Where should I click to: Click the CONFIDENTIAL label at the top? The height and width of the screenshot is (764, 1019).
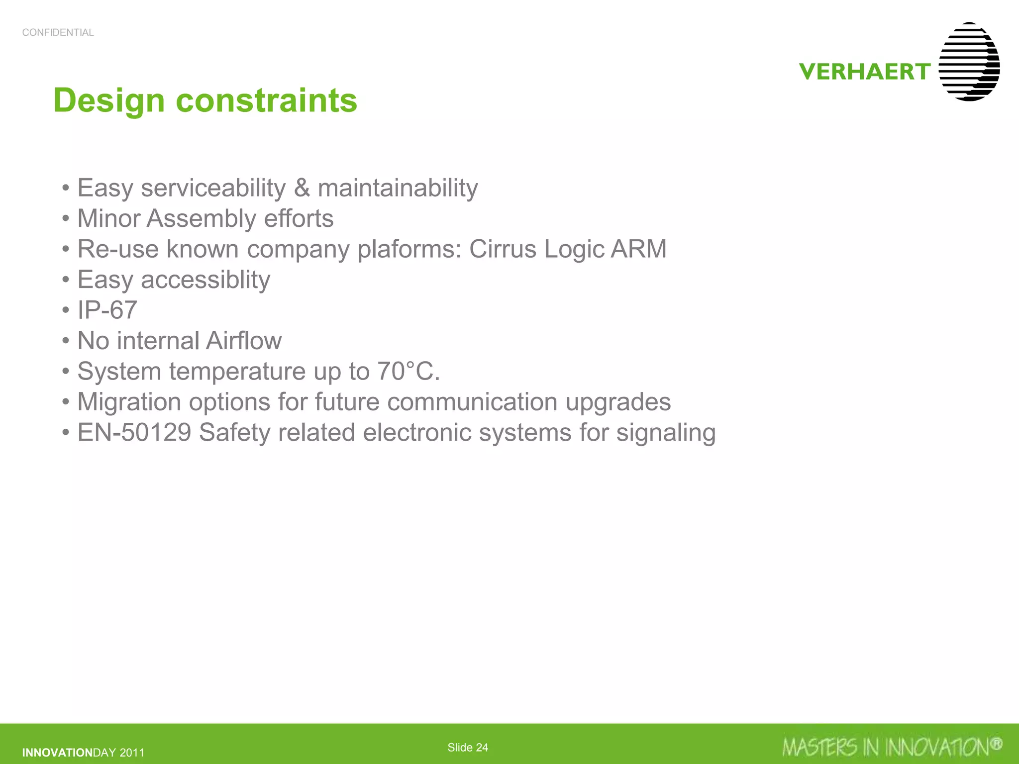pyautogui.click(x=58, y=33)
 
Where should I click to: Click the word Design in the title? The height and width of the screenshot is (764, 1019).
pyautogui.click(x=108, y=100)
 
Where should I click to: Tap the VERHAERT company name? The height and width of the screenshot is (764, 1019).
pyautogui.click(x=865, y=72)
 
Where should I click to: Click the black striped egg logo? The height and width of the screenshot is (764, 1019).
pyautogui.click(x=969, y=62)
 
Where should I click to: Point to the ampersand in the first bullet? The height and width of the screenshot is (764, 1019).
pyautogui.click(x=302, y=189)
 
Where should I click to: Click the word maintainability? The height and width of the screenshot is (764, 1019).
pyautogui.click(x=398, y=189)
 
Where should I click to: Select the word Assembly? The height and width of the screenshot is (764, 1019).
pyautogui.click(x=201, y=219)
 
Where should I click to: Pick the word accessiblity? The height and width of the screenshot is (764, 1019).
pyautogui.click(x=205, y=280)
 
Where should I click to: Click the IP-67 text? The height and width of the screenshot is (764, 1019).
pyautogui.click(x=107, y=310)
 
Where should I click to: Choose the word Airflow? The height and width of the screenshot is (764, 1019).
pyautogui.click(x=244, y=341)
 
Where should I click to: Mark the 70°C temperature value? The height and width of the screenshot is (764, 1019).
pyautogui.click(x=408, y=371)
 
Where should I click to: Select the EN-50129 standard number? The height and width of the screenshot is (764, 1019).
pyautogui.click(x=134, y=432)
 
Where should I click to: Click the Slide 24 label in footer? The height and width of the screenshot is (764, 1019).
pyautogui.click(x=468, y=748)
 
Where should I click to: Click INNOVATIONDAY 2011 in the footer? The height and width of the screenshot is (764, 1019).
pyautogui.click(x=83, y=753)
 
